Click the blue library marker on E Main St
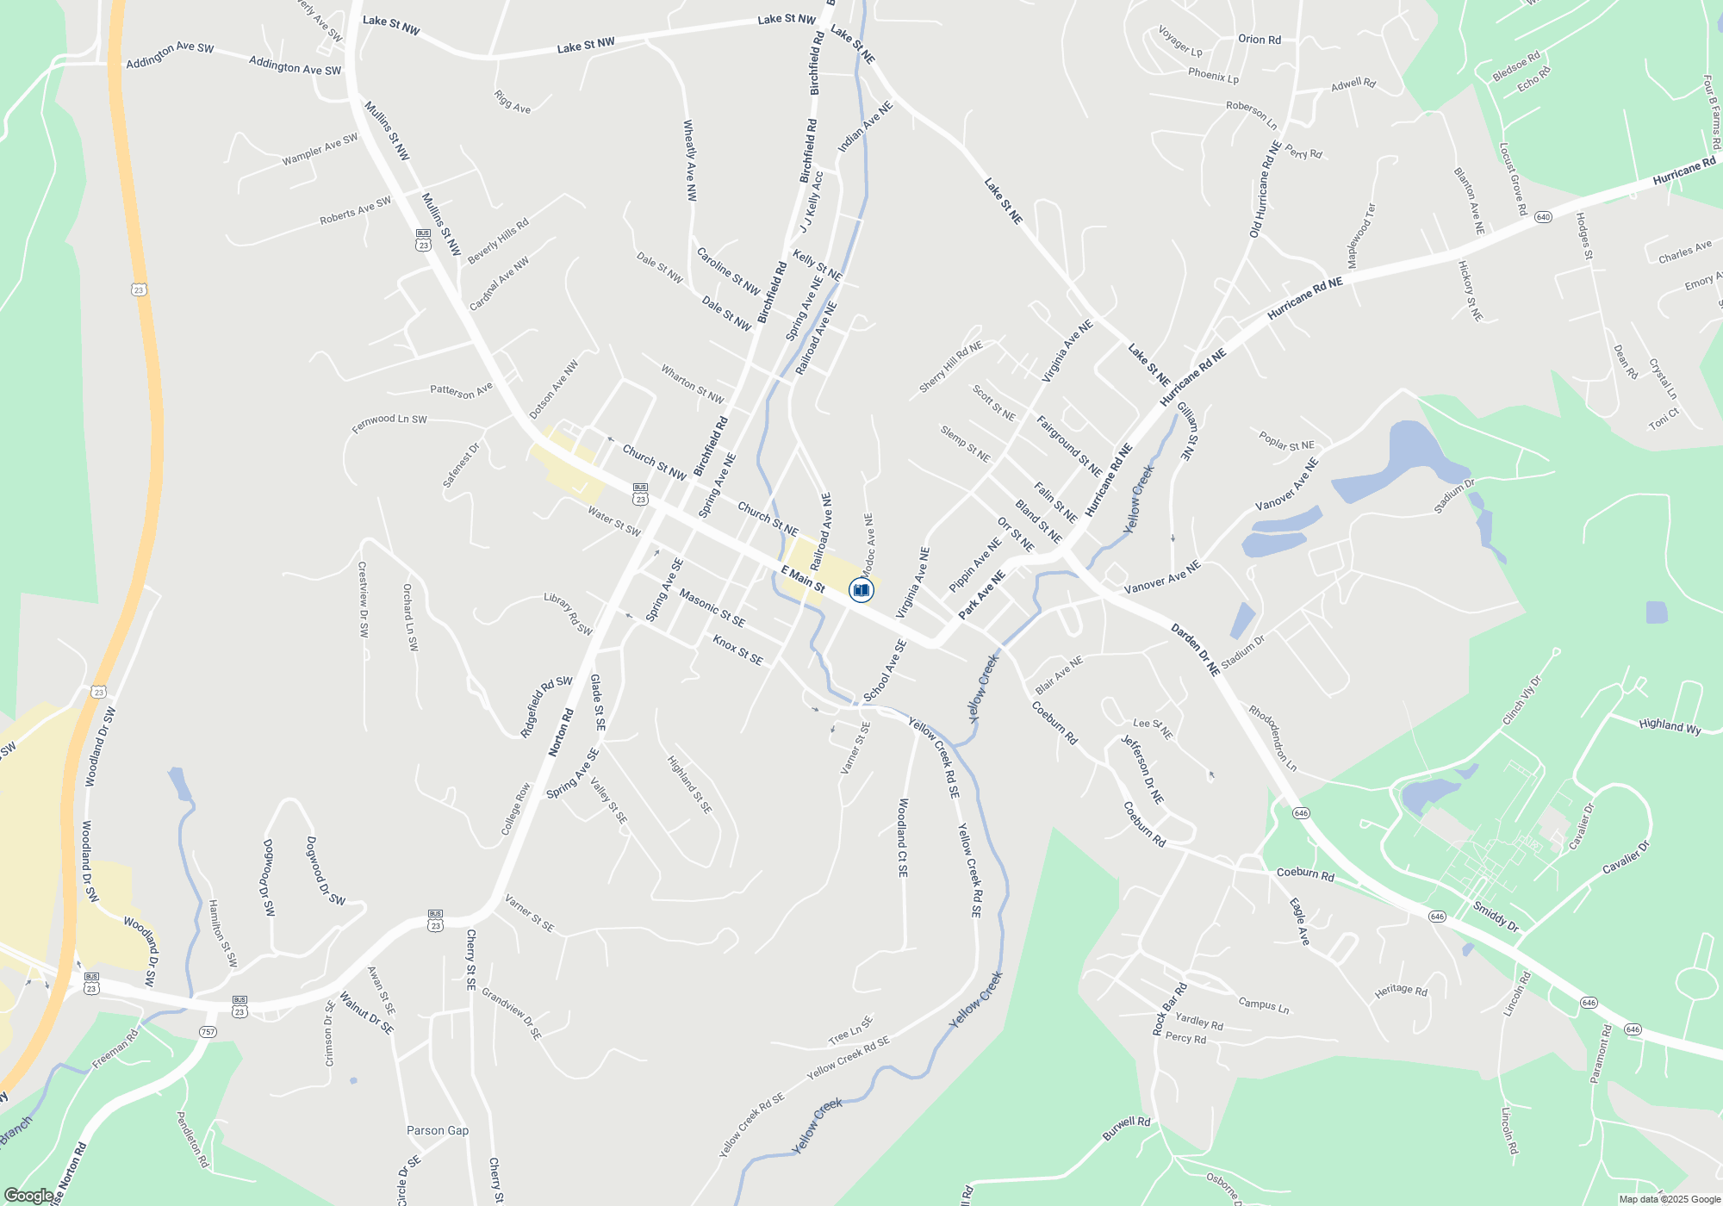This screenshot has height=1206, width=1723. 861,590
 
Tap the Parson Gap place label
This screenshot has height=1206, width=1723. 438,1130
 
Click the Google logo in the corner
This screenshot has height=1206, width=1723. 28,1195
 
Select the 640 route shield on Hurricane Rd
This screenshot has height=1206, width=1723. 1543,217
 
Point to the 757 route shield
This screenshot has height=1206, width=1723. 208,1032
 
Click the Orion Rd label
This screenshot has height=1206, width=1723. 1259,40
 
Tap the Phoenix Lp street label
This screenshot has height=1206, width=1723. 1213,76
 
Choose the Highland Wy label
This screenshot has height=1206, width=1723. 1670,726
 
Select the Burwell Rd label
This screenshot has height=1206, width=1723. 1126,1128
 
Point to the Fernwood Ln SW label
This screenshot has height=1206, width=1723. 389,423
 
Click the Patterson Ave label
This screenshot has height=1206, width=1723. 461,391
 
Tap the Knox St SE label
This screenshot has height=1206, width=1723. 737,650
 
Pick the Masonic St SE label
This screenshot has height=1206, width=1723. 712,607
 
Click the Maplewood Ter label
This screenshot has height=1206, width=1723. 1361,235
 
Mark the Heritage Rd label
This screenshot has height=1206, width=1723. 1401,991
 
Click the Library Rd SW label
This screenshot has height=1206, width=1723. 568,614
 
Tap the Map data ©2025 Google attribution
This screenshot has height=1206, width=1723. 1670,1199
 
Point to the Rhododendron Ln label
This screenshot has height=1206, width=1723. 1272,738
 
